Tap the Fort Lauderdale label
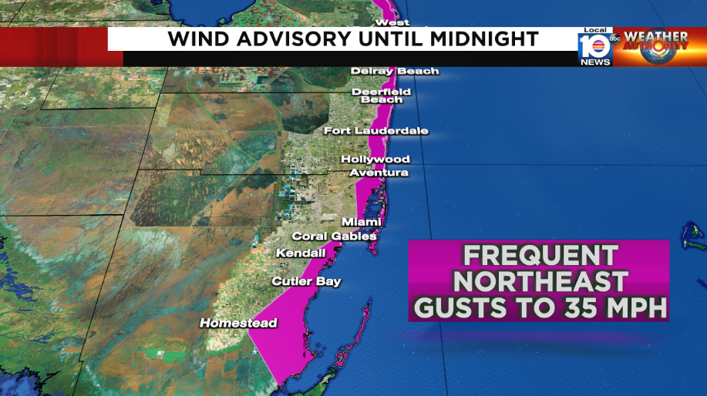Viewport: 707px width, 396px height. click(x=375, y=131)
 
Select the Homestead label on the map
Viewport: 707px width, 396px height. click(x=238, y=324)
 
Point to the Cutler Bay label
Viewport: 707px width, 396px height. click(x=306, y=282)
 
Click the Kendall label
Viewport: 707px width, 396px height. click(x=301, y=253)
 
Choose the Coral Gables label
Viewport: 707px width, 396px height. click(x=334, y=237)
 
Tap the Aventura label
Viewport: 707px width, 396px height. click(x=379, y=173)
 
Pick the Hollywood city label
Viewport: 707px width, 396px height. click(x=375, y=159)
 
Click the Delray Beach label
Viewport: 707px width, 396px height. click(x=395, y=72)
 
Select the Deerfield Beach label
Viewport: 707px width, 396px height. click(x=382, y=96)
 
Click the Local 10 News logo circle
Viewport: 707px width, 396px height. click(x=594, y=46)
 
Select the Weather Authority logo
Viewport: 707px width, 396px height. click(x=655, y=46)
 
